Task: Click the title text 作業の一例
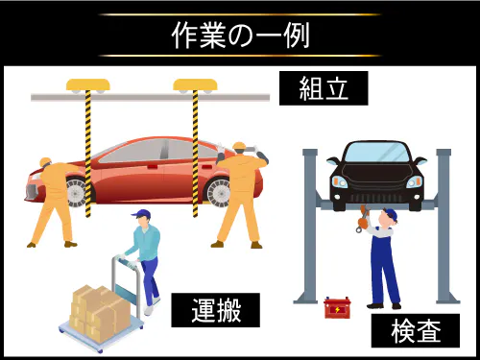pos(240,35)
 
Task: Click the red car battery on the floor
pos(337,308)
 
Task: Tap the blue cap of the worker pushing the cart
pos(143,216)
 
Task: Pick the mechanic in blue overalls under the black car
pos(383,254)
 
